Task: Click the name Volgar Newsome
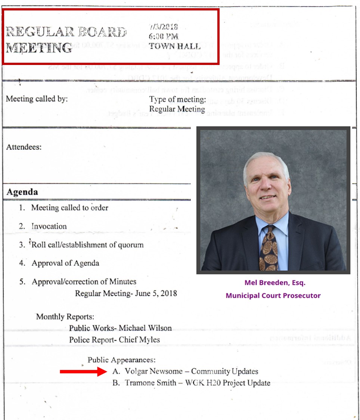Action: coord(156,371)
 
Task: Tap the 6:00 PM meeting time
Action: coord(163,37)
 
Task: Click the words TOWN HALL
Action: coord(174,46)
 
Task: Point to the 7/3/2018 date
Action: coord(163,27)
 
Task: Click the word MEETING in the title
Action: coord(39,48)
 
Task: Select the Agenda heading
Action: coord(22,192)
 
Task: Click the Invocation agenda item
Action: coord(49,226)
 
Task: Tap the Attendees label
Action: coord(24,147)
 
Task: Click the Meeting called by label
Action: coord(37,99)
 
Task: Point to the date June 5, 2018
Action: coord(154,293)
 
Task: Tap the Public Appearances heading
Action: coord(121,360)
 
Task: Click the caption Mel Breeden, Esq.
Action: coord(273,283)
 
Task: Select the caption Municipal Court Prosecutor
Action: coord(273,295)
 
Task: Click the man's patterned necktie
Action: coord(268,248)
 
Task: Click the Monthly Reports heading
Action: coord(65,317)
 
